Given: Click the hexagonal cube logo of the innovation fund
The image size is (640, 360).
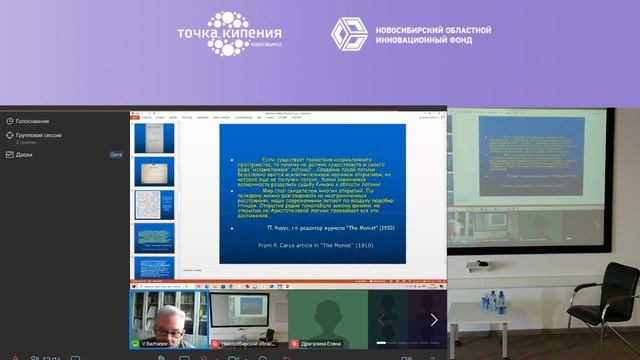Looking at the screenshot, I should [350, 34].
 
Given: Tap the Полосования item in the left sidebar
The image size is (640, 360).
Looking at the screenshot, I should [33, 121].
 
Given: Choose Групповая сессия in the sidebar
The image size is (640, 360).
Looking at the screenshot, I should [37, 135].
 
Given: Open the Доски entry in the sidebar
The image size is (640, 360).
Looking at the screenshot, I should [24, 155].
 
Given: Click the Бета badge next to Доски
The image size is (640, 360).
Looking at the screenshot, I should [116, 155].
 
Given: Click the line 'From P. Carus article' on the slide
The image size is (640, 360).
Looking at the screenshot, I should [305, 244].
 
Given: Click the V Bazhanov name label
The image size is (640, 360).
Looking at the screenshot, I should [156, 343].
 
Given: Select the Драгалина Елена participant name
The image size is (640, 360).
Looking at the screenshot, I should [319, 343].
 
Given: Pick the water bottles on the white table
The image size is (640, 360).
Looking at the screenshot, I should [494, 300].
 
